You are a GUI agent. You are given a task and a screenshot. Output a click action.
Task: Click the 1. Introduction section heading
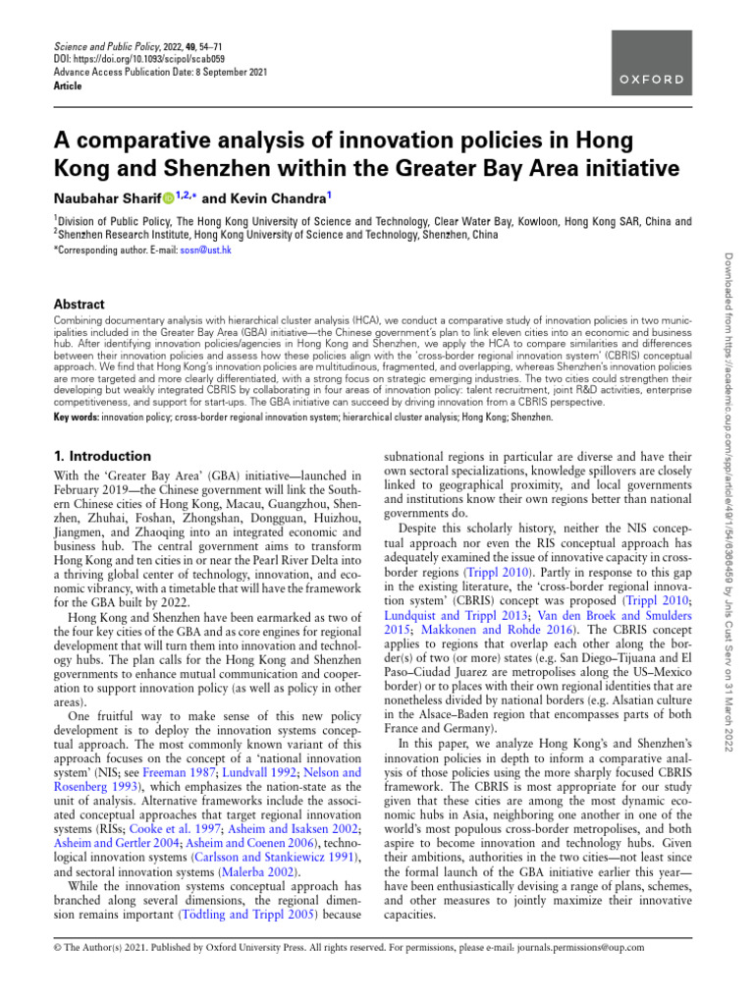point(102,456)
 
